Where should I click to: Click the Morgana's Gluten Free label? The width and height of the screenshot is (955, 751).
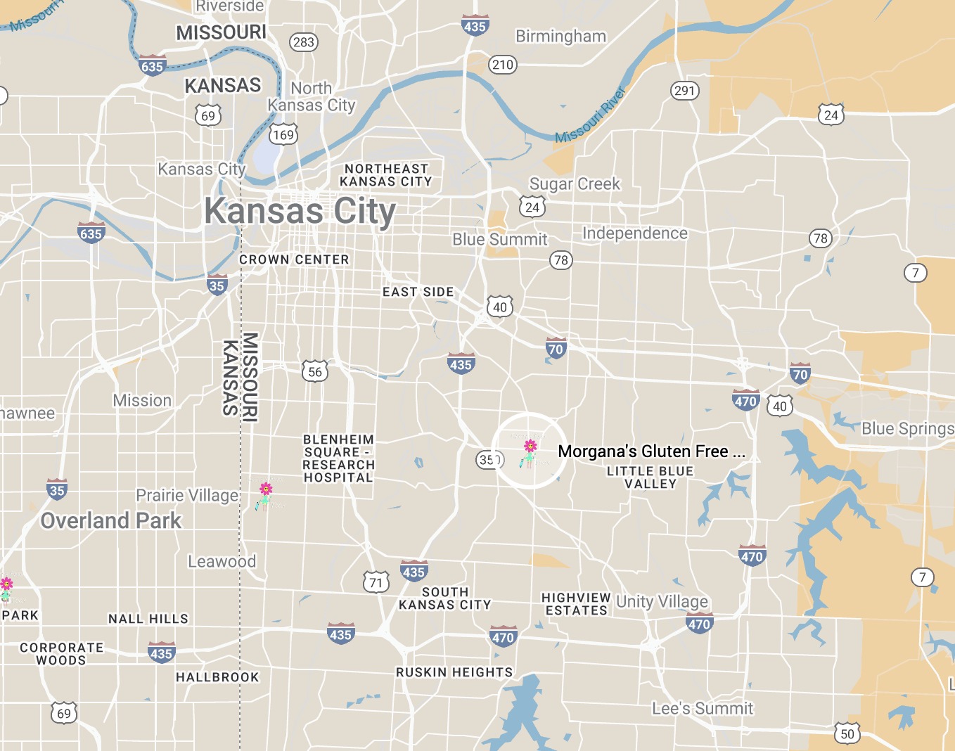650,451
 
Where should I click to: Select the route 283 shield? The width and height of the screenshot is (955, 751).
304,42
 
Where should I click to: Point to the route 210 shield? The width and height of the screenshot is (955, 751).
503,65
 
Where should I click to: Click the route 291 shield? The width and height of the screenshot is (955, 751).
684,90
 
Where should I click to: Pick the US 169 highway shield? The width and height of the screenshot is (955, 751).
283,134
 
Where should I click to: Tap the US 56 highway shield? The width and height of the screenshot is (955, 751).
315,372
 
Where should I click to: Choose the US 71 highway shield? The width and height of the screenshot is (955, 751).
376,582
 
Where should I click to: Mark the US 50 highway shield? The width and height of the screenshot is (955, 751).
847,733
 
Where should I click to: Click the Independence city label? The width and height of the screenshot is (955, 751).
634,233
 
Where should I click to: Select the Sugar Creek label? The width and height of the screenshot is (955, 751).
575,184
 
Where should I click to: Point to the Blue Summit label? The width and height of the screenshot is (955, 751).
499,240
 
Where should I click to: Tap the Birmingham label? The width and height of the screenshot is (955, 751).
560,37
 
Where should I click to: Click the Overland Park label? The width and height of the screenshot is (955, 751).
111,521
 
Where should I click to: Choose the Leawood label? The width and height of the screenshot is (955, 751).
222,562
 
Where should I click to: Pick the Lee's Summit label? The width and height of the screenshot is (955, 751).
702,709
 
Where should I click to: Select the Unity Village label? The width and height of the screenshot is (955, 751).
662,602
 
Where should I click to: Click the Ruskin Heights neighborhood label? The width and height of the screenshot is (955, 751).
454,672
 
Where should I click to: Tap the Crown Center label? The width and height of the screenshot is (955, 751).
294,259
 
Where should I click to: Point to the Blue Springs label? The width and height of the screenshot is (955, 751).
907,428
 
